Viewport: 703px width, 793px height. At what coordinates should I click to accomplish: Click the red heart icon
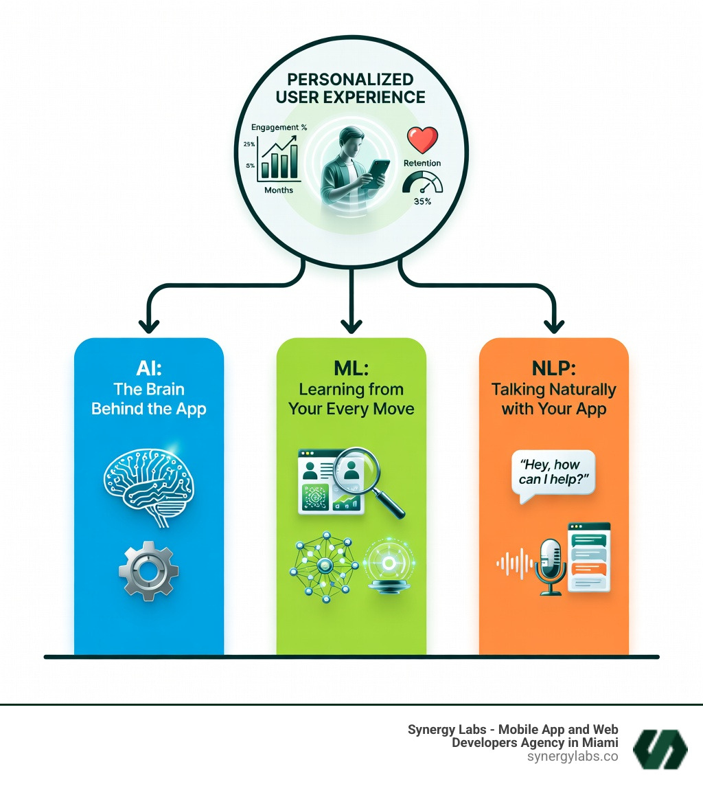[422, 139]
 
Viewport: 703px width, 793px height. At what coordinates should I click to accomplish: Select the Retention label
[422, 164]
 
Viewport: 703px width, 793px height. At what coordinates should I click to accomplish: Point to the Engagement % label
[278, 127]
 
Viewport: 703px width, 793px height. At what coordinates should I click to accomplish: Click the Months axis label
[279, 190]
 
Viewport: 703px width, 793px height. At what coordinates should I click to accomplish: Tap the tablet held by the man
[375, 174]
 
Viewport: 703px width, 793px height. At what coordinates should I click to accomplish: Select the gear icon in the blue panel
[148, 568]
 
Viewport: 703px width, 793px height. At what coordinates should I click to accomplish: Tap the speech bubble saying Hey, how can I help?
[553, 471]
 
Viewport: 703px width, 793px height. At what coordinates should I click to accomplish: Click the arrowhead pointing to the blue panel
[148, 324]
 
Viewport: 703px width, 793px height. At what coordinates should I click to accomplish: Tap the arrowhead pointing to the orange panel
[553, 324]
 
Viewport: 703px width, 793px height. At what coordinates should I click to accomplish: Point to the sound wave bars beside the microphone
[514, 565]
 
